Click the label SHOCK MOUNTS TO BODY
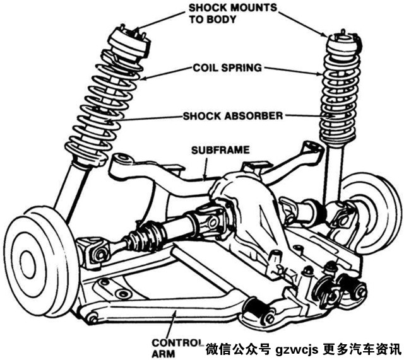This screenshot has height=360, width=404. (233, 13)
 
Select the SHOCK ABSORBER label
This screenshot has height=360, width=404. (233, 116)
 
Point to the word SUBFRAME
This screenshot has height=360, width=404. (220, 150)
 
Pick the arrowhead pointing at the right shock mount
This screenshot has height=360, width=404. (326, 34)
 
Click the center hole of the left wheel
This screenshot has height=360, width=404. (27, 262)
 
